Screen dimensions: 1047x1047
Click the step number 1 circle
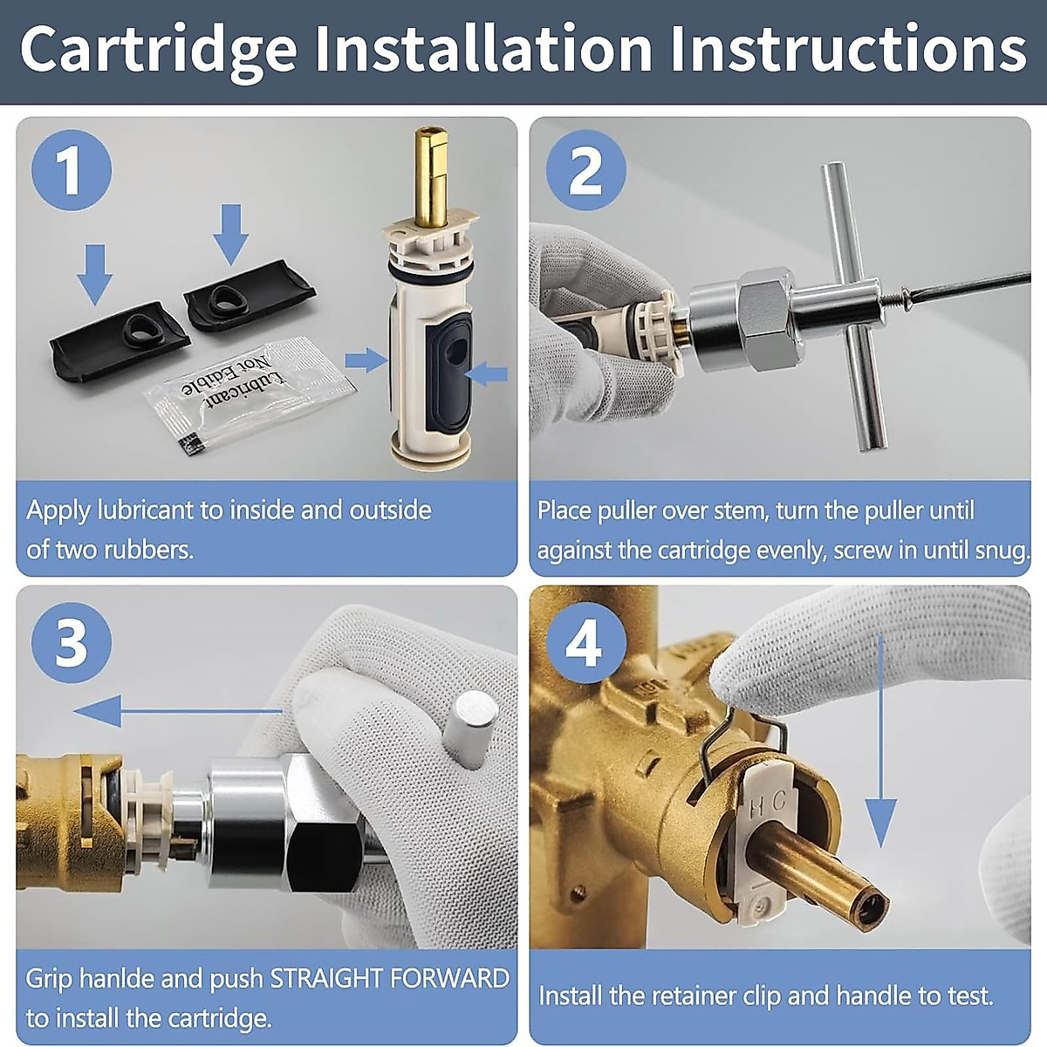72,170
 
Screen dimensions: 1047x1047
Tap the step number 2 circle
585,170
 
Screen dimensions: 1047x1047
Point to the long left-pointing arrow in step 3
174,711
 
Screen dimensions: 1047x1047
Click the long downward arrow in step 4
881,742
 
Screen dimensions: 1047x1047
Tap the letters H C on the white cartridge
768,803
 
